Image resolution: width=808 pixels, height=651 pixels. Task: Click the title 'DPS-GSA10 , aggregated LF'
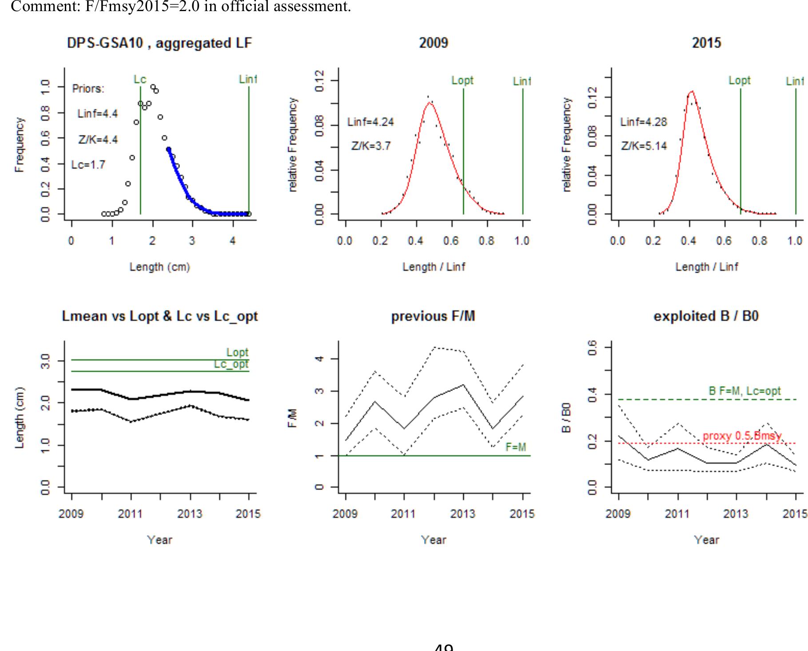click(x=159, y=43)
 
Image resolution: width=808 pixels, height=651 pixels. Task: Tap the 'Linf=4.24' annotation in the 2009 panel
click(x=370, y=122)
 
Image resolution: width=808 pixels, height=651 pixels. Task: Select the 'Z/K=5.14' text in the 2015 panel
click(x=644, y=146)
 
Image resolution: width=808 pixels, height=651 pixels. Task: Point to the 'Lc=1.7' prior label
click(x=88, y=165)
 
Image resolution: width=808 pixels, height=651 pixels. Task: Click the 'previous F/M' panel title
click(x=433, y=316)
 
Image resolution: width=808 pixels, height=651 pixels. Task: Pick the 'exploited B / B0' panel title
click(x=706, y=316)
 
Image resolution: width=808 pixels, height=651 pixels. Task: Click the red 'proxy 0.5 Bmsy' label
click(x=742, y=436)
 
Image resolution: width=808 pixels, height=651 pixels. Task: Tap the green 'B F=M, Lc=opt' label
click(x=744, y=391)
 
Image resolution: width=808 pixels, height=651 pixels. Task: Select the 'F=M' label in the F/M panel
click(x=516, y=447)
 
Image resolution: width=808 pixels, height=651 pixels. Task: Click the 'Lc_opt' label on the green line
click(x=231, y=364)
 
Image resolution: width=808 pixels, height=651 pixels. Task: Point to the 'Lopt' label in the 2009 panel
click(x=462, y=80)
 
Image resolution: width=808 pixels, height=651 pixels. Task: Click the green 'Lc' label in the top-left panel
click(x=140, y=79)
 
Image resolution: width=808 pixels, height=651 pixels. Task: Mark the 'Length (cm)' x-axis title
click(x=160, y=267)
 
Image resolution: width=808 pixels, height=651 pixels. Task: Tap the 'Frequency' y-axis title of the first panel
click(x=19, y=145)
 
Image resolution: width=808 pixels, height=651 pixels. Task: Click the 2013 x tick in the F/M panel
click(x=463, y=514)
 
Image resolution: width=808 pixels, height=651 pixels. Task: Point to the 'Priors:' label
click(x=88, y=89)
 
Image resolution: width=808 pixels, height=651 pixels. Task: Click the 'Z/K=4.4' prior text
click(x=98, y=140)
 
